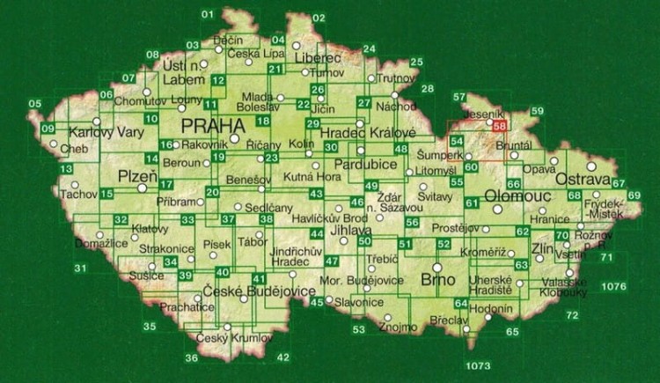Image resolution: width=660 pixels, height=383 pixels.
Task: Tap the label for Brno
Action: click(x=438, y=279)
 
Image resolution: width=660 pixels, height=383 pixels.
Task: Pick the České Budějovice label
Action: click(x=246, y=291)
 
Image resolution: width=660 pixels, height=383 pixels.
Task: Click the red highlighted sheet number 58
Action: click(x=501, y=127)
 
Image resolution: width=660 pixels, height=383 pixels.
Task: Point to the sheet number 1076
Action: click(x=613, y=287)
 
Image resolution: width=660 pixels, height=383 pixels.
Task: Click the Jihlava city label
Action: click(x=349, y=230)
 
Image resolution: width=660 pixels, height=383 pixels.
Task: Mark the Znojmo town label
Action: click(x=393, y=328)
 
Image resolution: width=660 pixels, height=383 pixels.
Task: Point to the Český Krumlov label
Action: click(x=224, y=338)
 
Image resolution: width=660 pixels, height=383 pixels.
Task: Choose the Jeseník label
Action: click(x=488, y=114)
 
